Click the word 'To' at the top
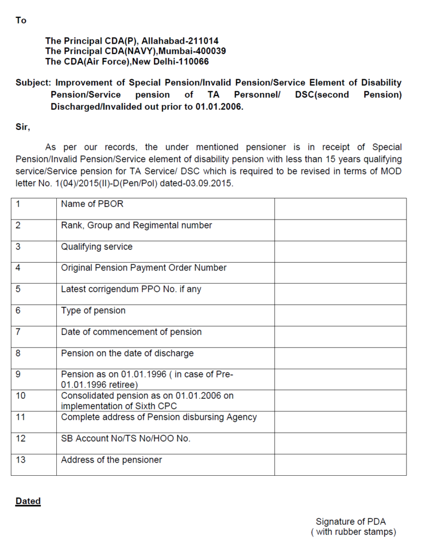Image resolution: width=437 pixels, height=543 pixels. click(x=21, y=20)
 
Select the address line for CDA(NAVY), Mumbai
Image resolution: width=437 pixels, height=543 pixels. click(x=135, y=51)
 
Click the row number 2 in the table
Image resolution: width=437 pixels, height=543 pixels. click(x=18, y=225)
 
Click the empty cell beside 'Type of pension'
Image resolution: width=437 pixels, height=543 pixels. click(x=340, y=315)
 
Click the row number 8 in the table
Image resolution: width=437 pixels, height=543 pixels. click(x=18, y=353)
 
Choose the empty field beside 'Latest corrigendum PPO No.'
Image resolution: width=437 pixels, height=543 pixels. click(x=340, y=294)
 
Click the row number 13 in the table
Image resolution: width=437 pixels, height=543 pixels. click(x=20, y=459)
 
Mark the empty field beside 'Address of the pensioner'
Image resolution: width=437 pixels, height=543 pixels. click(x=340, y=464)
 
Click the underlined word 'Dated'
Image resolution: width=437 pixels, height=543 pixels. click(x=28, y=501)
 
